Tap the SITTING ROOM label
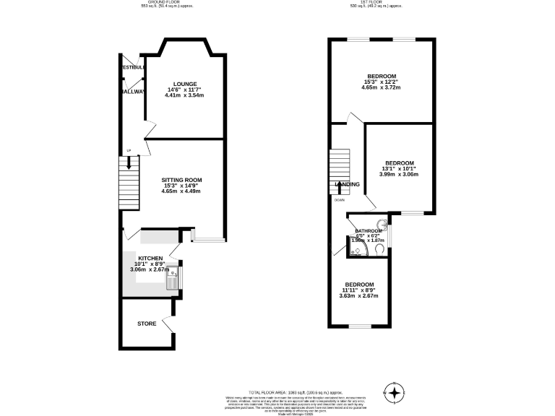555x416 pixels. coord(182,180)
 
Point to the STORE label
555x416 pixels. coord(147,324)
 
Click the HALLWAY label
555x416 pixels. coord(134,92)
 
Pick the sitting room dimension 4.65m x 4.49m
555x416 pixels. coord(182,191)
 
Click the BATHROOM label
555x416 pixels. coord(368,231)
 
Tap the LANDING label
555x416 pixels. coord(347,184)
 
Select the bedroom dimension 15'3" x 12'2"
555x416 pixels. coord(381,82)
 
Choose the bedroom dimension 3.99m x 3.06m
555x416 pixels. coord(399,174)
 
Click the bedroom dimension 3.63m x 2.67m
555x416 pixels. coord(359,295)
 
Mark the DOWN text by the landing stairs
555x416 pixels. coord(339,200)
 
